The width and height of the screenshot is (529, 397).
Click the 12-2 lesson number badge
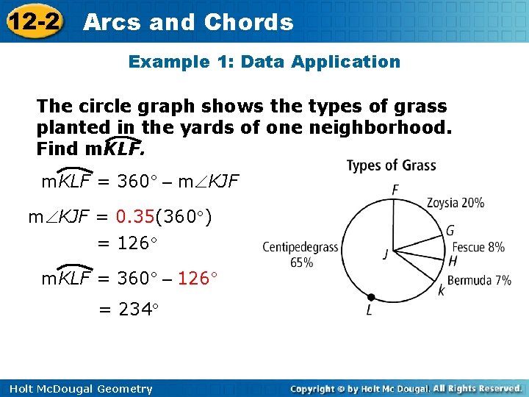[x=32, y=22]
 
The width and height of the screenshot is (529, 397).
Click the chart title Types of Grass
[x=391, y=165]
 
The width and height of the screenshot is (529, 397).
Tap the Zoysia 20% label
[x=456, y=202]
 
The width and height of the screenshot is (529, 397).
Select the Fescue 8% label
[x=478, y=247]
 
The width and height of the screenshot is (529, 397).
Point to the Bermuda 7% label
[x=479, y=280]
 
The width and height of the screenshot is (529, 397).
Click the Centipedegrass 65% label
[x=301, y=254]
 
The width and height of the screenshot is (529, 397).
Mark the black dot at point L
[x=371, y=298]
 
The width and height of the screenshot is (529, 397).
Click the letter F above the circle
[x=395, y=190]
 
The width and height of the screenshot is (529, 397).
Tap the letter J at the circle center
[x=385, y=254]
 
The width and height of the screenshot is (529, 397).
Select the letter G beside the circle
[x=450, y=231]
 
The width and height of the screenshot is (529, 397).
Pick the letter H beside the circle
[x=453, y=261]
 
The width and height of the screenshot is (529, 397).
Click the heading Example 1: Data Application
[x=264, y=62]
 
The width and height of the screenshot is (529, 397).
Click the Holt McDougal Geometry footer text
[x=77, y=389]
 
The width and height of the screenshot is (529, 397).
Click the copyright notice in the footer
[x=406, y=388]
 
